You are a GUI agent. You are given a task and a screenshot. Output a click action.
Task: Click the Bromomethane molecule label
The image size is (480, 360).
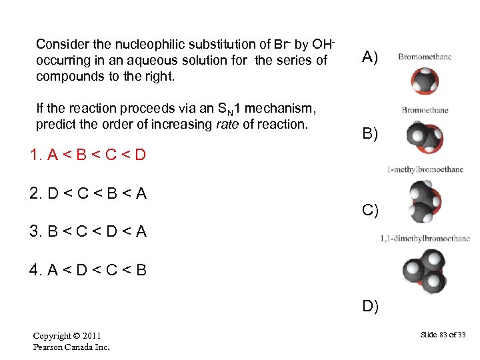pos(424,57)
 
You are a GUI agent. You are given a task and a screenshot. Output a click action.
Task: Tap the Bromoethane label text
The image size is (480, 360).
pos(425,110)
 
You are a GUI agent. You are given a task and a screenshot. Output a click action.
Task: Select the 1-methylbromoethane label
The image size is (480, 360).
pos(425,169)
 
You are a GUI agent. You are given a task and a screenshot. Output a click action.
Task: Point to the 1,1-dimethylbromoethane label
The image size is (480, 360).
pos(425,239)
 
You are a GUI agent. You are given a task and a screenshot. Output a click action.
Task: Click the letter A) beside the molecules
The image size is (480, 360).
pos(370,57)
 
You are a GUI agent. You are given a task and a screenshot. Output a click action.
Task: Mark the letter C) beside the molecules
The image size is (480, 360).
pos(370,211)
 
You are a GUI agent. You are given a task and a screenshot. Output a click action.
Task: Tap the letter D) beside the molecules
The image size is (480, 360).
pos(370,307)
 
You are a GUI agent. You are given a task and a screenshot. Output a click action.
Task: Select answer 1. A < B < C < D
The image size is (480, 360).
pos(88,156)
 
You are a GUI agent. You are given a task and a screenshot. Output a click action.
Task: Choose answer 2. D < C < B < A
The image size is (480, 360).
pos(88,194)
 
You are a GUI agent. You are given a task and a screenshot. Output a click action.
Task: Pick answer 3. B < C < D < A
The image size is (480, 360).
pos(88,232)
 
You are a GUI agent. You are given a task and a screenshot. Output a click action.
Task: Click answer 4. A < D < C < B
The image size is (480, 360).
pos(88,270)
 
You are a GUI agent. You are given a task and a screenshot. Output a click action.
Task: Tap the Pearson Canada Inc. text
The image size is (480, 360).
pos(71,347)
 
